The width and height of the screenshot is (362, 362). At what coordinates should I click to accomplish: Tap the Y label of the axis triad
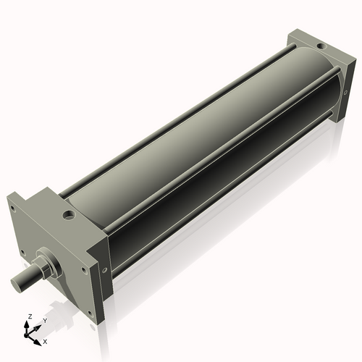pyautogui.click(x=44, y=320)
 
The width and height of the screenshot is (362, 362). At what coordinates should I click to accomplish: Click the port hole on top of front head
pyautogui.click(x=67, y=215)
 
